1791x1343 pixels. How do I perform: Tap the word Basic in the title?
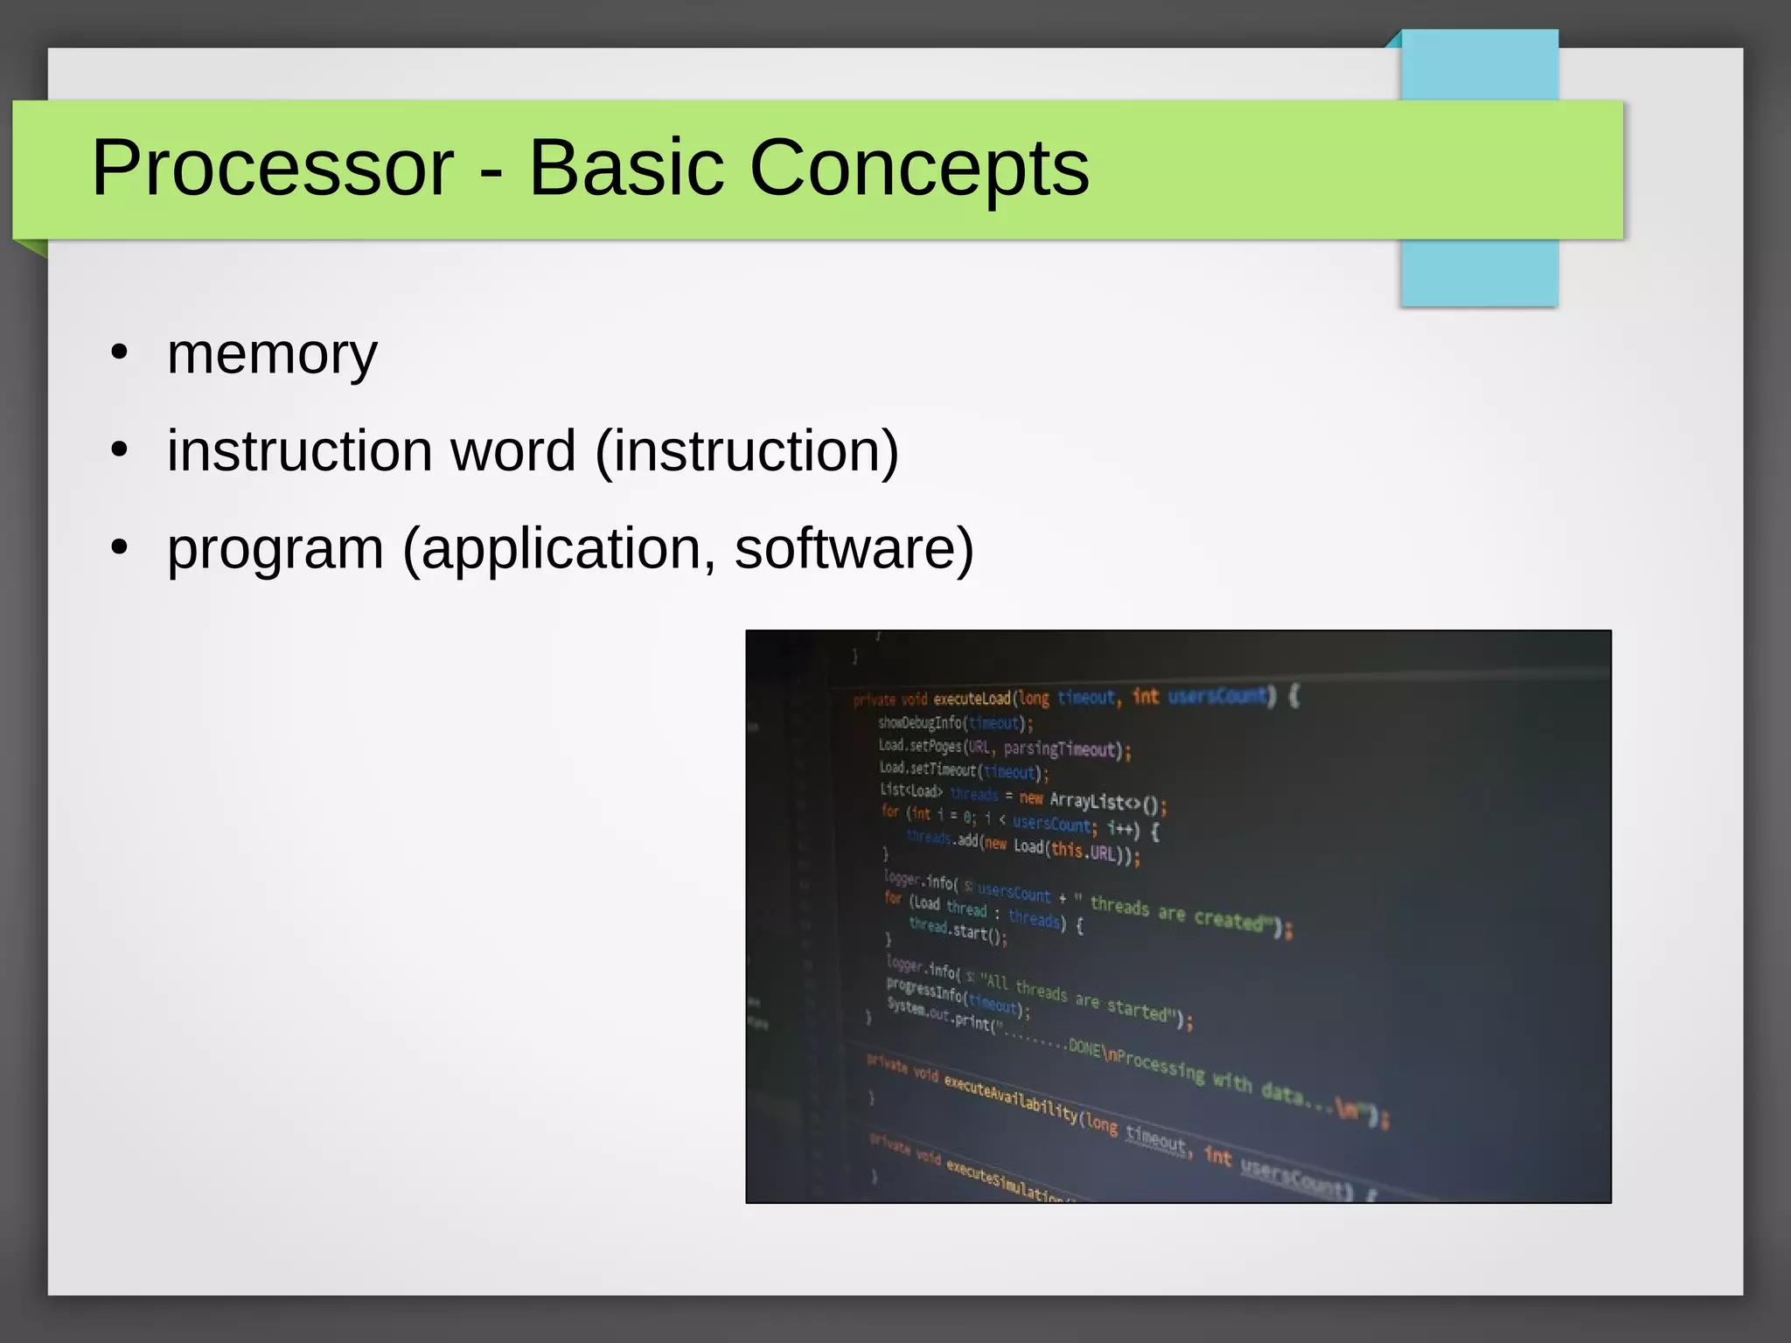[626, 168]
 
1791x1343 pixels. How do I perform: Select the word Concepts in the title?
[919, 168]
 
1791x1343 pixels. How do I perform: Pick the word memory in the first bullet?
[272, 354]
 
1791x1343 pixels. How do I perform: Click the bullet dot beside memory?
[120, 353]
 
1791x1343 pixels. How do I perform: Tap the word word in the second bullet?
[512, 451]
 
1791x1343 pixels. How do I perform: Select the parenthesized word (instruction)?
[746, 451]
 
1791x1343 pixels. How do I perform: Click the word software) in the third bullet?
[854, 549]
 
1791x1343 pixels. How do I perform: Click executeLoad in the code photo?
[971, 699]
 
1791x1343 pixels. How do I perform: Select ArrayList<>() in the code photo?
[1105, 802]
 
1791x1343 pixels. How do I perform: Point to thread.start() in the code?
[958, 930]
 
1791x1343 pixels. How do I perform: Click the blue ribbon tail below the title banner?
[1479, 272]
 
